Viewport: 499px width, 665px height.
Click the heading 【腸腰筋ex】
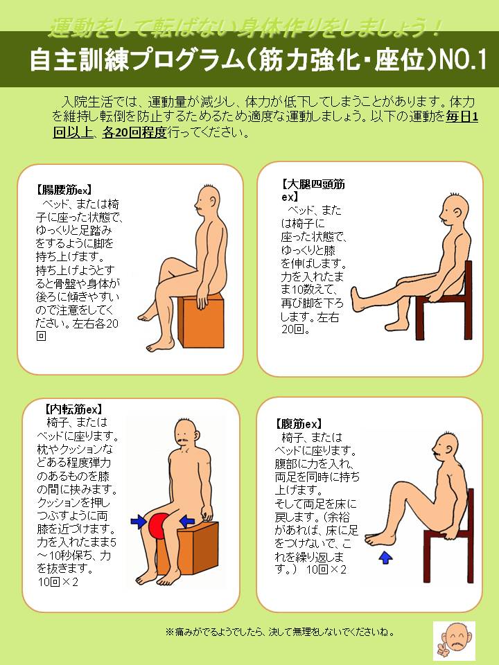pos(63,190)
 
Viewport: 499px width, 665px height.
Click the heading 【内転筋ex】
pos(73,409)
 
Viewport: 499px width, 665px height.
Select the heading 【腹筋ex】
pos(298,424)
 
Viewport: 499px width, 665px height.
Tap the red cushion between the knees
pos(159,526)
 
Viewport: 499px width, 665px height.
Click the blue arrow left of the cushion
pos(139,522)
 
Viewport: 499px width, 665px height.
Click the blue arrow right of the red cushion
pos(186,520)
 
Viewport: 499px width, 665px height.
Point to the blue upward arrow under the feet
pos(385,556)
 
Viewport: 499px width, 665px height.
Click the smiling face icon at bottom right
pos(455,641)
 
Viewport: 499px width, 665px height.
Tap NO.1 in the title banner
pos(462,61)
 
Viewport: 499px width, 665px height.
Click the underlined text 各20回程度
pos(134,132)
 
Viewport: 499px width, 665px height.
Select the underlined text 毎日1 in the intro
pos(462,116)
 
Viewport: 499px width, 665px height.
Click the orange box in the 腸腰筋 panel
pos(201,320)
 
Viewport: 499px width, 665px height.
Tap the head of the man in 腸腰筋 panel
pos(207,200)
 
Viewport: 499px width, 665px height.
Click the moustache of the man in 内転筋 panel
pos(183,442)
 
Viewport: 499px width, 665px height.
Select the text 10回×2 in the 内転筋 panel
pos(58,581)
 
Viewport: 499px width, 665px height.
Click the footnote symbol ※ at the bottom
pos(169,632)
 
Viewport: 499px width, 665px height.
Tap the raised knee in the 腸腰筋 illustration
pos(166,264)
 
